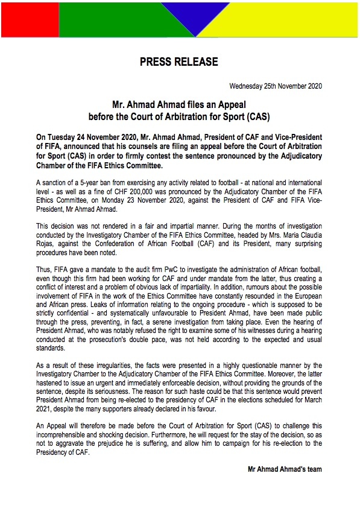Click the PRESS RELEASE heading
point(179,62)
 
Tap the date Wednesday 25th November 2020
point(276,86)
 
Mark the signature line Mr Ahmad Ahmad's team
point(285,469)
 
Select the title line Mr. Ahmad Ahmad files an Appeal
point(179,104)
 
